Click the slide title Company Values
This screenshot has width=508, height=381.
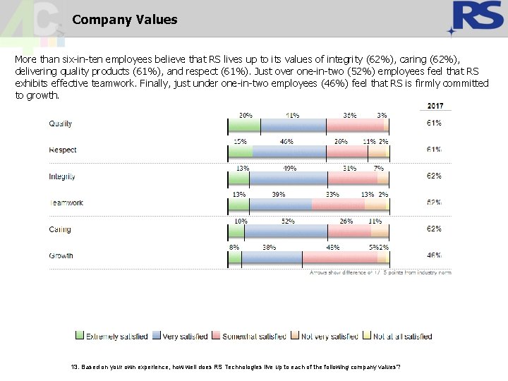124,20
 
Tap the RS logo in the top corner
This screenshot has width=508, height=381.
478,18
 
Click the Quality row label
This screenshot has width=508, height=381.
60,124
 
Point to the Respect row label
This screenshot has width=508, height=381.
62,150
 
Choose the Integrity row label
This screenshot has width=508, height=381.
62,176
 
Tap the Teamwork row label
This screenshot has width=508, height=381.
66,203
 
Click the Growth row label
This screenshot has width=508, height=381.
61,255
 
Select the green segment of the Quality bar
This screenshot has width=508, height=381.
244,126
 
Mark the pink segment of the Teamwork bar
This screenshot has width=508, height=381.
338,205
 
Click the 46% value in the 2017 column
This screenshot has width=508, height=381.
434,255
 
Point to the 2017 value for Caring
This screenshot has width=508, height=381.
434,229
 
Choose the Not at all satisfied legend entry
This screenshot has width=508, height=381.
399,337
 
